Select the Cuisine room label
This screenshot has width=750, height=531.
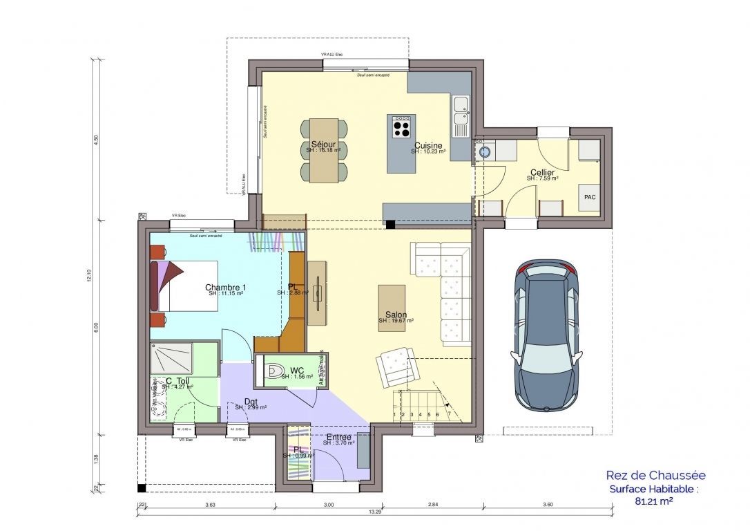pos(428,145)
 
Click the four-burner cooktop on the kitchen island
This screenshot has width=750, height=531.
pos(401,127)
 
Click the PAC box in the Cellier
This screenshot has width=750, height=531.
pos(589,197)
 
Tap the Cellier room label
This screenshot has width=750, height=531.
pos(542,172)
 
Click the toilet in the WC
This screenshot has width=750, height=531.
pos(274,371)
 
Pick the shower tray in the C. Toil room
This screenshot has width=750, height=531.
pos(172,358)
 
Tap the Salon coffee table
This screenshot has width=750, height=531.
pos(392,307)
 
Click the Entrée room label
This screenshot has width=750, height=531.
pos(338,437)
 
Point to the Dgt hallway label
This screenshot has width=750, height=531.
pos(252,402)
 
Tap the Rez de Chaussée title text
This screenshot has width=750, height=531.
pos(655,475)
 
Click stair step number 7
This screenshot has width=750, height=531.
pos(449,414)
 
